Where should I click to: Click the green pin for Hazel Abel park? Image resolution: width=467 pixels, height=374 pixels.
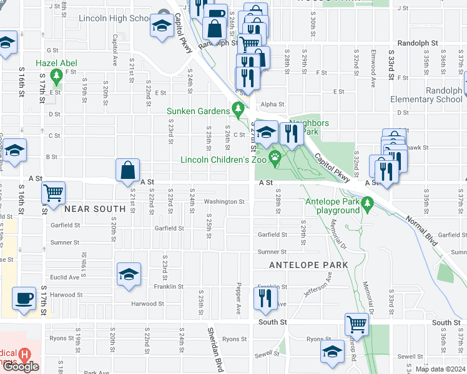click(57, 77)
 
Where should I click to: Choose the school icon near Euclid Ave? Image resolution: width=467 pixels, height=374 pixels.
click(129, 273)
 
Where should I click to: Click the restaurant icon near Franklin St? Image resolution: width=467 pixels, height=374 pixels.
click(265, 298)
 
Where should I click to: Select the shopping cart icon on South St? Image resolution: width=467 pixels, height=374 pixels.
click(356, 324)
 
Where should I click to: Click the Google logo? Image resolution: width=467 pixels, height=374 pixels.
click(21, 367)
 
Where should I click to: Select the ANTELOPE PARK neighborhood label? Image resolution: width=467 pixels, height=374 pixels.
click(308, 265)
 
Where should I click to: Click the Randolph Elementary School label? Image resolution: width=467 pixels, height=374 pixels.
click(426, 95)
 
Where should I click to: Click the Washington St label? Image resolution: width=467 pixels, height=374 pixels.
click(224, 202)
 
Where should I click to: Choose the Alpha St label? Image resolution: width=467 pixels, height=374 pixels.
click(272, 105)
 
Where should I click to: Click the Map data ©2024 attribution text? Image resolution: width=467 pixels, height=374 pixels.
click(440, 369)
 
